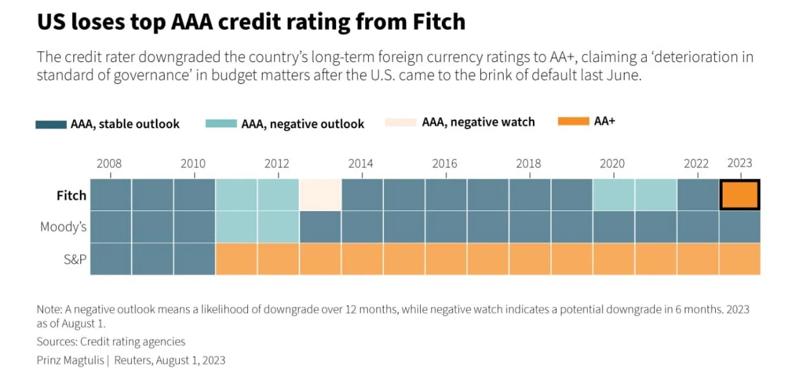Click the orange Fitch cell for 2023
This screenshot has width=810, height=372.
740,195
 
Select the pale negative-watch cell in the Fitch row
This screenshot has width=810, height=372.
320,195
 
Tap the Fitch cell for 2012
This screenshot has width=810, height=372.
278,195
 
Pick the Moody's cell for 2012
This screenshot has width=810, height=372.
278,227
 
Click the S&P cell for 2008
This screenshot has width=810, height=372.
111,259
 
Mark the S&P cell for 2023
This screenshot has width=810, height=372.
740,259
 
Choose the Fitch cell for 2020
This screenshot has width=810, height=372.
614,195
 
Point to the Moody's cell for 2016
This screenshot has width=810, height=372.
446,227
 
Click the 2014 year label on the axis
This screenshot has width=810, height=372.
361,164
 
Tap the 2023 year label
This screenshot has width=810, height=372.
740,163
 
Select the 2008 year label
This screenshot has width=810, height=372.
109,164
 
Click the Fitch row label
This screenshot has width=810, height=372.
72,196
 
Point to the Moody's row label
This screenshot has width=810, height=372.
63,227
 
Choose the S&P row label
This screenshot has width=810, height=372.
75,259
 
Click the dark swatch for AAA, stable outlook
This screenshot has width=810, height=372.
51,125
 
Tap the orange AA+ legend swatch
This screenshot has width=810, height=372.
573,121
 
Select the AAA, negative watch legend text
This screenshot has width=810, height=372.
478,122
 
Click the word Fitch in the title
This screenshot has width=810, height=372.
439,22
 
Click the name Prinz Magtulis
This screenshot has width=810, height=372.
70,361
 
